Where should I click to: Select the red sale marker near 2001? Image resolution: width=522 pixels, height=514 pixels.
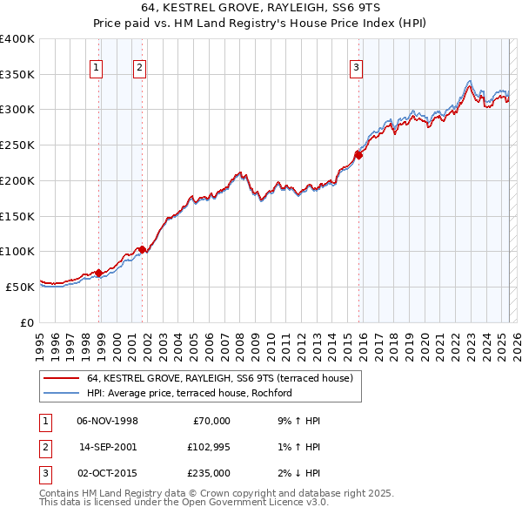[143, 249]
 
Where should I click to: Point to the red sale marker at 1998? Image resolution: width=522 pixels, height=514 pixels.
[99, 273]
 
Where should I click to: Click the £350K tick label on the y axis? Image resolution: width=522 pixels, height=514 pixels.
[17, 74]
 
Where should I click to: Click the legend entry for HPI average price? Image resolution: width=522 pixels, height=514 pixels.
[189, 394]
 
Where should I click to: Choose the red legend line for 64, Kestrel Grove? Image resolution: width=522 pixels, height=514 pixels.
[61, 379]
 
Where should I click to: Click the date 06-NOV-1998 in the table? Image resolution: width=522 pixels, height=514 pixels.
[108, 421]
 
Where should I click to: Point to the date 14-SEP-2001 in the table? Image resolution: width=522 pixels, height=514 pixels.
[108, 447]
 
